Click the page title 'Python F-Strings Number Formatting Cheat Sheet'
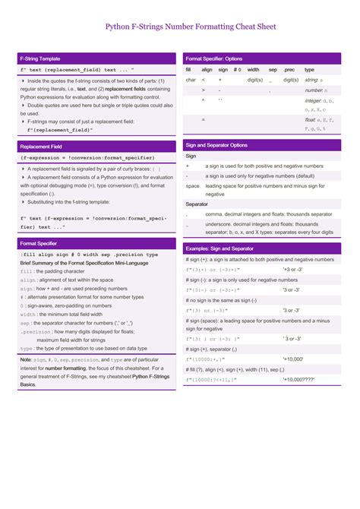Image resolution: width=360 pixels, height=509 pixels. (179, 27)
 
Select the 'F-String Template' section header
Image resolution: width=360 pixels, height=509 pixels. (40, 58)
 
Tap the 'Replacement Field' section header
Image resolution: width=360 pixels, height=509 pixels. (41, 146)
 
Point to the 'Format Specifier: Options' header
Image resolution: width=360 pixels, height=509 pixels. (214, 58)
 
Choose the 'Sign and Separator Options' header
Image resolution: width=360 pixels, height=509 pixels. (216, 144)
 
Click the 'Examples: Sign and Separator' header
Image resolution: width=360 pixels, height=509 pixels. (219, 248)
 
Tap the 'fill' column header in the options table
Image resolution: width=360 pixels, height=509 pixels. (188, 69)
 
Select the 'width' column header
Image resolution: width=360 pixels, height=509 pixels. (253, 69)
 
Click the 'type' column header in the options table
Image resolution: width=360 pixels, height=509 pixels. (309, 69)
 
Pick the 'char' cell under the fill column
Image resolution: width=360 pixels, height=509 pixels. (191, 80)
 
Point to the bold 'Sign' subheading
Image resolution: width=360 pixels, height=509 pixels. (191, 156)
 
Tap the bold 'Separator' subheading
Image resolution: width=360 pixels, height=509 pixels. (197, 204)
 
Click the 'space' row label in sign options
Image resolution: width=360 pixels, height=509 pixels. (192, 185)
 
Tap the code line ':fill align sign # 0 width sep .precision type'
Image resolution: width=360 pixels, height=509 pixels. (89, 254)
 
